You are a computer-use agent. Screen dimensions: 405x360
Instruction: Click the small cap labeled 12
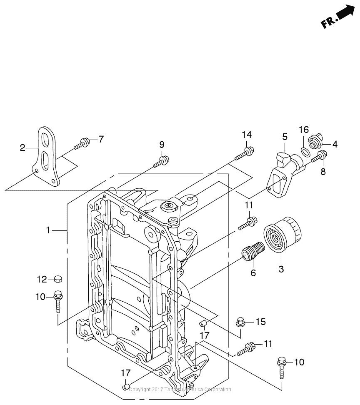(58, 279)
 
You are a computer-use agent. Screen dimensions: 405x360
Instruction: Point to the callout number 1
(49, 230)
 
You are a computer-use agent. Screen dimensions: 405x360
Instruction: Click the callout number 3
(281, 269)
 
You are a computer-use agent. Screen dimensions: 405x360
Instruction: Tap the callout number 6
(253, 273)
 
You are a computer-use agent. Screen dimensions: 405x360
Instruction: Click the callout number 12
(42, 279)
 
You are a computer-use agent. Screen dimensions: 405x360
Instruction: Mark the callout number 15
(261, 322)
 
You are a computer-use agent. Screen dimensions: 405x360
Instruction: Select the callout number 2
(22, 148)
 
